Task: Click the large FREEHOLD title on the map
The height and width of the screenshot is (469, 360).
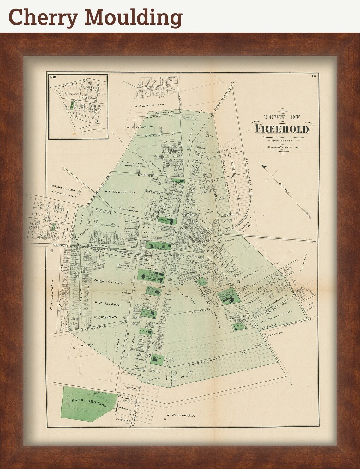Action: click(282, 129)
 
